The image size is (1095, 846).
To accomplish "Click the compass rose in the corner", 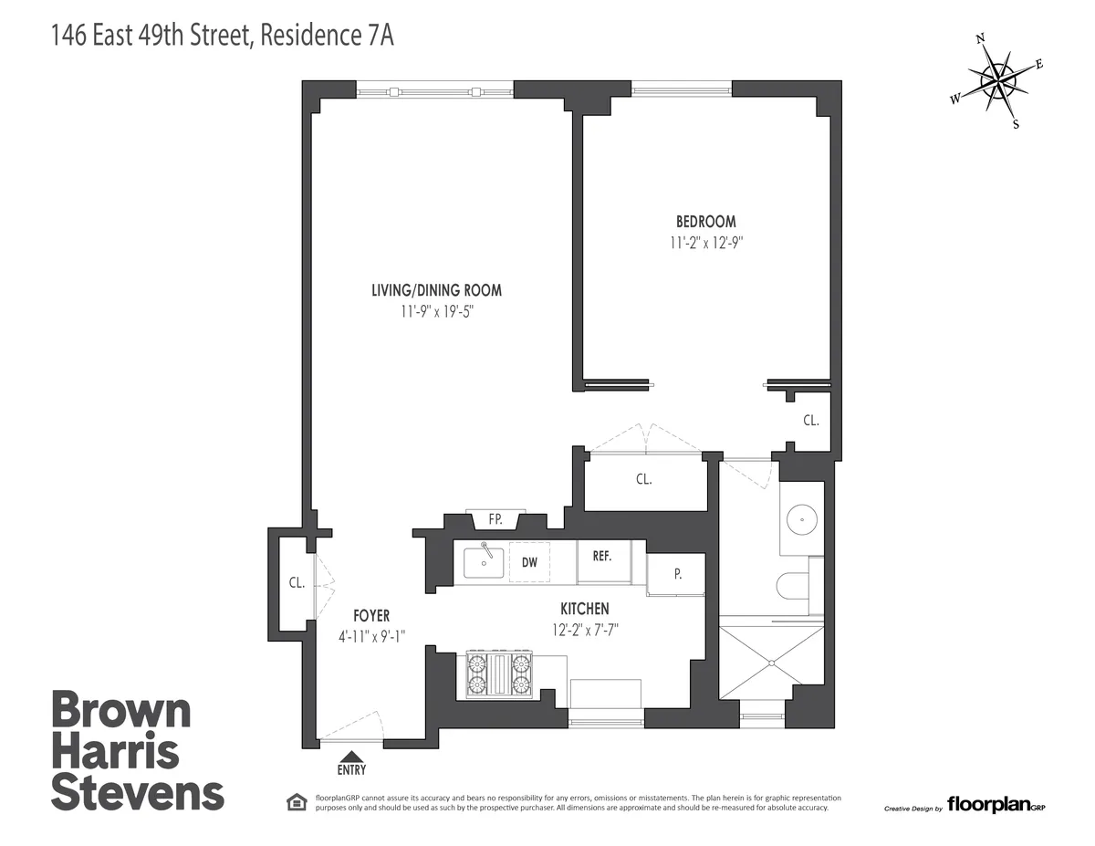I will point(1000,82).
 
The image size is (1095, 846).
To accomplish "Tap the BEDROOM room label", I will point(705,222).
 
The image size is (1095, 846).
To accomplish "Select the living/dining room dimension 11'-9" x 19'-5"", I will point(436,311).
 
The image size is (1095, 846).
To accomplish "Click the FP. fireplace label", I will point(495,519).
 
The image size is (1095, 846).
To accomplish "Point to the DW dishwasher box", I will point(529,562).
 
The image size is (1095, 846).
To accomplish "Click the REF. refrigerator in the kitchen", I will point(601,558).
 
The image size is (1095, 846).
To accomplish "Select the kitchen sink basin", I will point(483,563).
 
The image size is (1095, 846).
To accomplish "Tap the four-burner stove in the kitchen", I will point(499,674).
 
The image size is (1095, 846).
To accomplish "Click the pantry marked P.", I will point(676,574).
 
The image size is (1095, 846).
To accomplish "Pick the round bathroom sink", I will point(801,518).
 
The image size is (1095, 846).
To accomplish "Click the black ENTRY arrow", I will point(351,755).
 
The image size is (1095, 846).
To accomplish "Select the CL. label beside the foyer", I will point(296,584).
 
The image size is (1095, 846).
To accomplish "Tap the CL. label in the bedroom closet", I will point(810,421).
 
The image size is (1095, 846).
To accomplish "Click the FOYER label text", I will point(370,616).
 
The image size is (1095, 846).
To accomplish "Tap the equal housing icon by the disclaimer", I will point(296,802).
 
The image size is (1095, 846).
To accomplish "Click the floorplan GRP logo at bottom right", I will point(994,804).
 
